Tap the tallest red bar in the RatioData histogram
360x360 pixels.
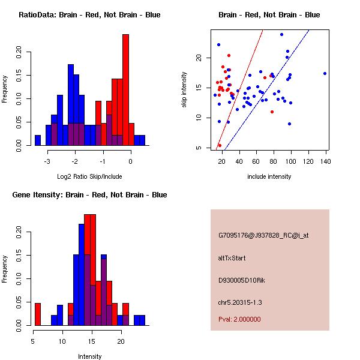[x=125, y=90]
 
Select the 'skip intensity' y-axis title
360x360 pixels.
[x=185, y=90]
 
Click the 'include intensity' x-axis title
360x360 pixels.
[x=269, y=176]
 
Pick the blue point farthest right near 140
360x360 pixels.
[x=325, y=73]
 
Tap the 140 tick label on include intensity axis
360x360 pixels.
[x=326, y=161]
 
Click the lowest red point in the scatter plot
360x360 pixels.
[x=220, y=145]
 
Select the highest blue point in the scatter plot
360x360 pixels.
[x=281, y=34]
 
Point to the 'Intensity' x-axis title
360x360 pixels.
[x=89, y=356]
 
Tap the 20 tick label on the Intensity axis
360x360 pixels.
[x=120, y=341]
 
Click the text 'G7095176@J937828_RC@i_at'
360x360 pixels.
[x=263, y=236]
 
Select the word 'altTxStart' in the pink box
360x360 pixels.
[x=232, y=258]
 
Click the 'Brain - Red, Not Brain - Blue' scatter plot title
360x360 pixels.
[x=269, y=15]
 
